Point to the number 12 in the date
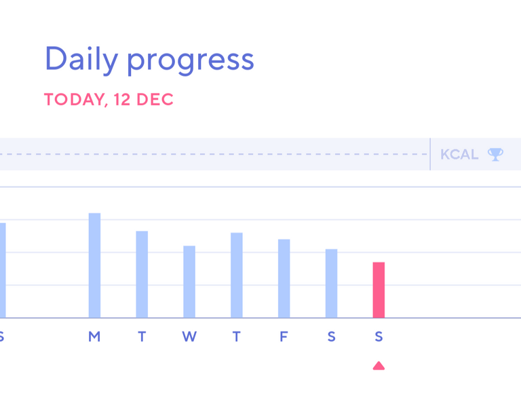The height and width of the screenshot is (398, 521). [x=121, y=100]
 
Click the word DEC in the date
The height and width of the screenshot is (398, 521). [x=155, y=100]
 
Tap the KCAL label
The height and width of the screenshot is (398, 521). [x=459, y=155]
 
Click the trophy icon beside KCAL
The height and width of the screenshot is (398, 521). [x=495, y=155]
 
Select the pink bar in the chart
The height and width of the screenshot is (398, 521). [x=379, y=290]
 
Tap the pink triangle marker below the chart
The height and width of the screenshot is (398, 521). [x=379, y=365]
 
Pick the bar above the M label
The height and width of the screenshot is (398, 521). [x=94, y=265]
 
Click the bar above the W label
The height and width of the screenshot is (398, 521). [x=189, y=282]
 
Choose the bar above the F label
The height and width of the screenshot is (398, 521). [x=284, y=279]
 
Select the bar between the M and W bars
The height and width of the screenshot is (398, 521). [x=142, y=275]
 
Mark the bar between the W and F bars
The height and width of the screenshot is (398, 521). [x=237, y=275]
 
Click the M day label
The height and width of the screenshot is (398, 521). [x=94, y=337]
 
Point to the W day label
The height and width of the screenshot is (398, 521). [x=189, y=337]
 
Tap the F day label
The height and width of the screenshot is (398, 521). [x=284, y=337]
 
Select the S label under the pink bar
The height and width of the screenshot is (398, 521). [x=379, y=337]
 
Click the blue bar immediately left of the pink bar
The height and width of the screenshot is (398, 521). [x=331, y=283]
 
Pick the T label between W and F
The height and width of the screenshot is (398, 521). [x=237, y=337]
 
